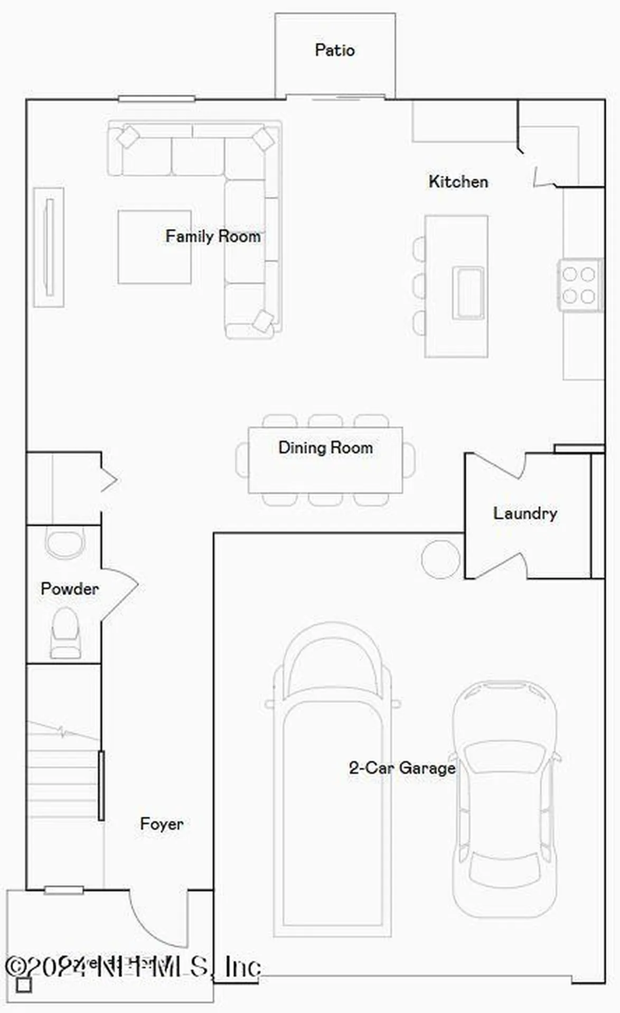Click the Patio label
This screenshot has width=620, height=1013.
pyautogui.click(x=334, y=50)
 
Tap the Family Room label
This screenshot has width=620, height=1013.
pyautogui.click(x=213, y=236)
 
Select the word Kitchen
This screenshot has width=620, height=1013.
pyautogui.click(x=458, y=181)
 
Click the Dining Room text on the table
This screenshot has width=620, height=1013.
pyautogui.click(x=325, y=447)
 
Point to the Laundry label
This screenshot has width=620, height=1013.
pyautogui.click(x=525, y=513)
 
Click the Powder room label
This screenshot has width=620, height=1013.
pyautogui.click(x=70, y=588)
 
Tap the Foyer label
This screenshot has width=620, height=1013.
pyautogui.click(x=162, y=824)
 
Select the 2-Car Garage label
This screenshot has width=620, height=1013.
pyautogui.click(x=402, y=768)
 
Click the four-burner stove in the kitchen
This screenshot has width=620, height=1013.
pyautogui.click(x=579, y=285)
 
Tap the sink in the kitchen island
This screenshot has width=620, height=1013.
pyautogui.click(x=468, y=293)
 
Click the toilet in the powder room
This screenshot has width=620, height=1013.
pyautogui.click(x=65, y=632)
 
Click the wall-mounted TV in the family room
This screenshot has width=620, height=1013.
pyautogui.click(x=49, y=247)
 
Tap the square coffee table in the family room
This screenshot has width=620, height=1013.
pyautogui.click(x=154, y=247)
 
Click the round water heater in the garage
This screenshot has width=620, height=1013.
pyautogui.click(x=440, y=559)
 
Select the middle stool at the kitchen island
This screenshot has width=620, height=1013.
pyautogui.click(x=419, y=285)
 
